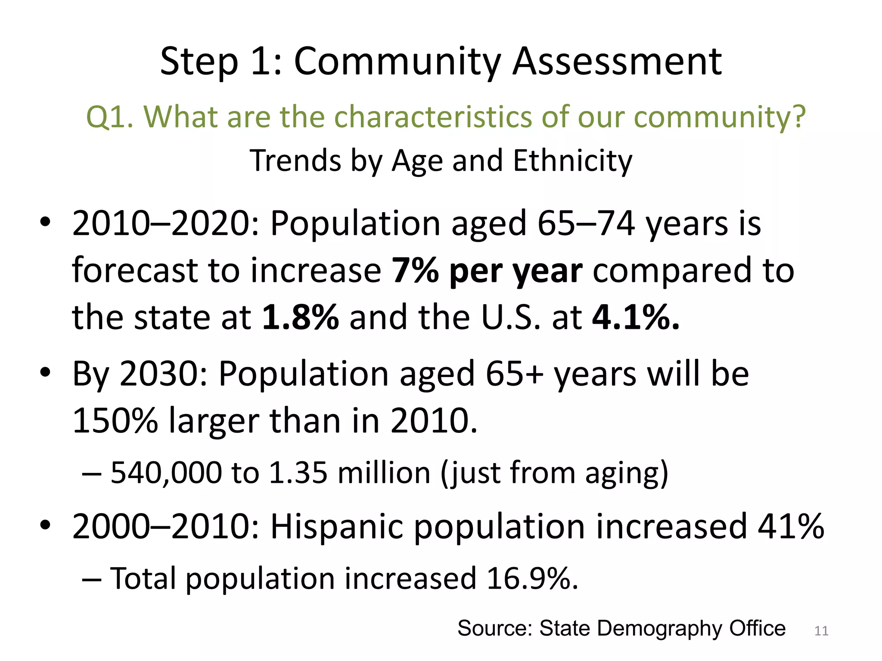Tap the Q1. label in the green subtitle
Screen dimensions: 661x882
(109, 117)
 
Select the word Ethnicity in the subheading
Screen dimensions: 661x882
(573, 161)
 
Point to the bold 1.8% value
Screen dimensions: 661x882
(300, 318)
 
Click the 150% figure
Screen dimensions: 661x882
(115, 420)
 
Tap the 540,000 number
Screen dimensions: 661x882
(166, 473)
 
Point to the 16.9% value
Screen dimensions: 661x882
(532, 578)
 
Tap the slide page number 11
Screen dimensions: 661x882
(821, 631)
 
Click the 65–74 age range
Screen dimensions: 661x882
(586, 223)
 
